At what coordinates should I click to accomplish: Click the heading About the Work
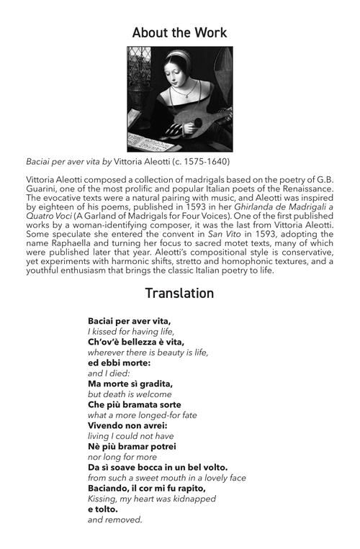[180, 32]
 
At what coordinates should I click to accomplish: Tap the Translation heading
[179, 294]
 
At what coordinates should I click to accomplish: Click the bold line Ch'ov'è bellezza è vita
[136, 342]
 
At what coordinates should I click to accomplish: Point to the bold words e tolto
[104, 509]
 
